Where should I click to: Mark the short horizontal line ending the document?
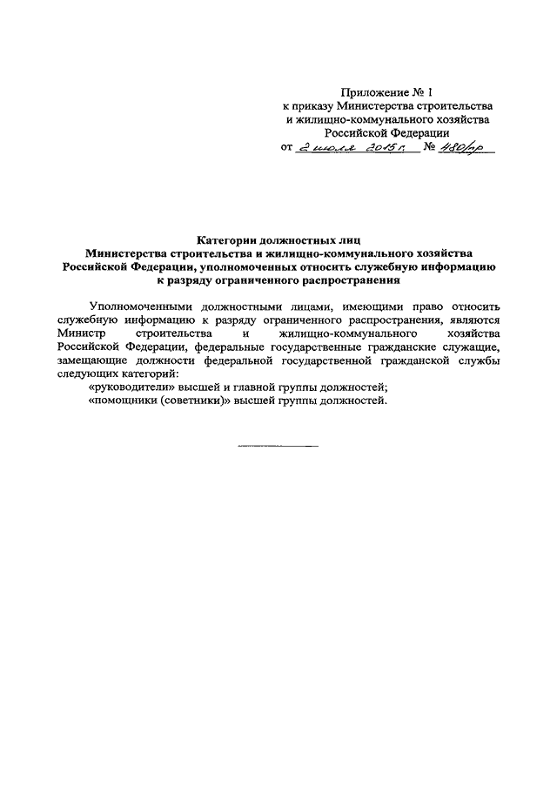pos(278,447)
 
